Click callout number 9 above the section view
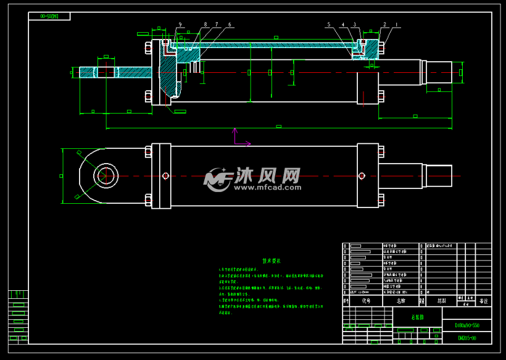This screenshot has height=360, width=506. pos(181,24)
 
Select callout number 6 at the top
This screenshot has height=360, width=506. pos(230,25)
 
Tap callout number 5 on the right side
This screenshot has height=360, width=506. pos(329,25)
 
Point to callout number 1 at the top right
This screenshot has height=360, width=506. pos(396,24)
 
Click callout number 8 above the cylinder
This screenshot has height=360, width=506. pos(205,25)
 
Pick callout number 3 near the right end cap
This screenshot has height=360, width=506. pos(355,25)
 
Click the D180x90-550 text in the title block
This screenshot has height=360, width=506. pos(467,325)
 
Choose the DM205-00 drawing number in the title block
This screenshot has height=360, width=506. pos(467,338)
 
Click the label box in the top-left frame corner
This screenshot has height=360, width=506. pos(48,17)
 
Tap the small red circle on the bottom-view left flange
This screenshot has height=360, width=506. pos(165,176)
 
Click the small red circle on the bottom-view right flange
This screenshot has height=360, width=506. pos(362,176)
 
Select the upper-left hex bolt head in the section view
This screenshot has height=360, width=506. pos(148,47)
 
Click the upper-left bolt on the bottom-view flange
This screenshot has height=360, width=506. pos(148,151)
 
